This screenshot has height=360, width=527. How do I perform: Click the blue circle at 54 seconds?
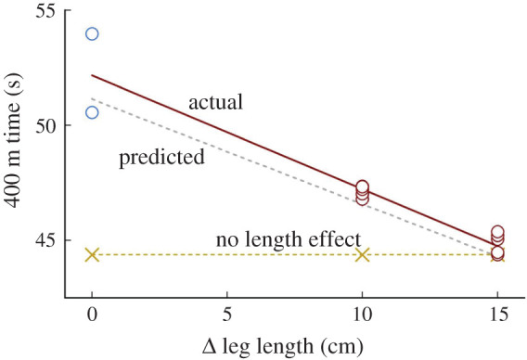click(92, 34)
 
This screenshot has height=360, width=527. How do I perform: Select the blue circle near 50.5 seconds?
click(92, 112)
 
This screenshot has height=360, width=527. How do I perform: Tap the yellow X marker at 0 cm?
click(92, 254)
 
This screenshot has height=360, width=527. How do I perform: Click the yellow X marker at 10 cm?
click(363, 254)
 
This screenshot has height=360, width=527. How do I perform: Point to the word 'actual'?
click(215, 102)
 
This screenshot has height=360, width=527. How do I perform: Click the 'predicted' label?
click(161, 158)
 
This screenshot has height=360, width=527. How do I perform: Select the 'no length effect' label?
click(288, 239)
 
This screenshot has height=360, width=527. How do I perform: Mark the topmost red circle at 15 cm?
click(497, 232)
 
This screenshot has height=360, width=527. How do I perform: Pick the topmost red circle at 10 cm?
click(362, 187)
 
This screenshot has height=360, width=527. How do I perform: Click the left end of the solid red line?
click(92, 75)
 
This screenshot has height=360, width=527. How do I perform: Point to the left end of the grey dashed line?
click(92, 97)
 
